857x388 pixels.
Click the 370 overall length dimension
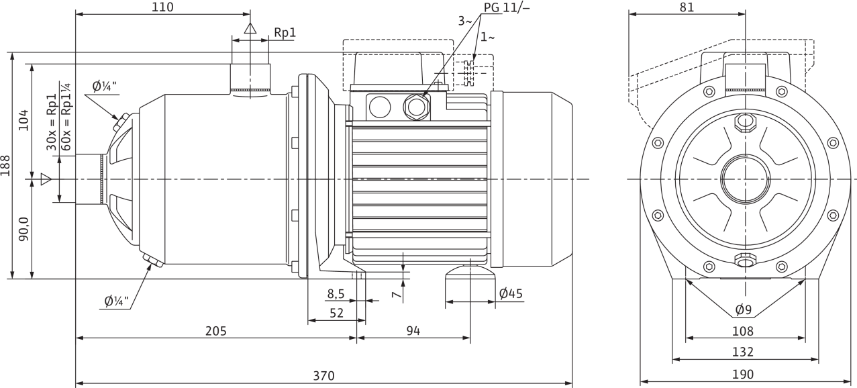click(x=323, y=376)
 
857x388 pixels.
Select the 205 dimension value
click(x=216, y=330)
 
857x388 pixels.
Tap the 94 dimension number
click(x=413, y=330)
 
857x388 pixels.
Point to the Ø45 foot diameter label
click(x=510, y=293)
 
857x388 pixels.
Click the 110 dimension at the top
click(x=162, y=7)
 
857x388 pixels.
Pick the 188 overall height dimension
click(x=5, y=166)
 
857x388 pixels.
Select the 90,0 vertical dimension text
click(x=23, y=229)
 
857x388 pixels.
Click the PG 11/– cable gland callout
click(x=507, y=7)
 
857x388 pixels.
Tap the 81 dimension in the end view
click(x=687, y=7)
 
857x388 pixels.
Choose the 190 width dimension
click(x=743, y=374)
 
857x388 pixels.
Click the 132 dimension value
click(x=743, y=352)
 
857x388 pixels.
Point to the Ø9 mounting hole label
click(x=744, y=309)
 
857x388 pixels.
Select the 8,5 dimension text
click(x=336, y=293)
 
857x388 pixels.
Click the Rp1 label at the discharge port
click(x=285, y=33)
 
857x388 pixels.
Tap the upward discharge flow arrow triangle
click(x=250, y=28)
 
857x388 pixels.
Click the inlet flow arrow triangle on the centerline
click(x=46, y=179)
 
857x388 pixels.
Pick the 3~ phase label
click(x=466, y=21)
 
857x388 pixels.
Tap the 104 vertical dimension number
click(x=23, y=120)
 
